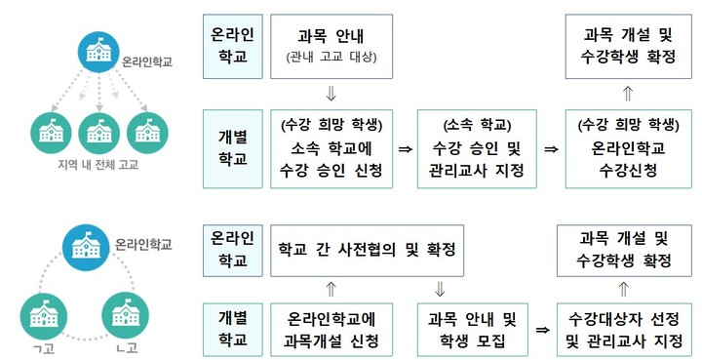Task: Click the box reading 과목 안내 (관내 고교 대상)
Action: (331, 46)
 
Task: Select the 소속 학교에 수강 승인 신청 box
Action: (331, 149)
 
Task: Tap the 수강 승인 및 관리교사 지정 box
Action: (476, 149)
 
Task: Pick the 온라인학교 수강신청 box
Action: (624, 149)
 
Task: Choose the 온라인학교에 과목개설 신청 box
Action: (331, 330)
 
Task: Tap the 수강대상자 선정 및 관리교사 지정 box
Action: (624, 330)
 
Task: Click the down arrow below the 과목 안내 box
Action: (331, 94)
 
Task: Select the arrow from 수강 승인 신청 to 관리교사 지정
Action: (404, 150)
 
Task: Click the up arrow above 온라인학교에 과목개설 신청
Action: (331, 289)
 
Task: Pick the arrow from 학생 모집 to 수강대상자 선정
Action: (540, 331)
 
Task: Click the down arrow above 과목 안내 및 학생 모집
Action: (440, 289)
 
